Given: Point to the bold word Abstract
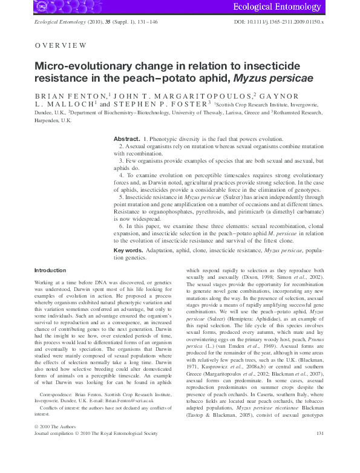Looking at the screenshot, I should (127, 139).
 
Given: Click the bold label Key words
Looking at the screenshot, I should (128, 249).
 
